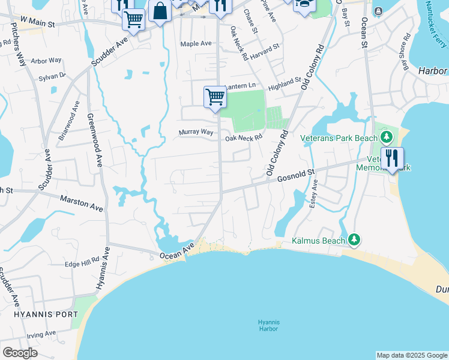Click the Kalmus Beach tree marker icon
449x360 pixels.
(x=354, y=241)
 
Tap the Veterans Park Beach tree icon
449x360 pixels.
(x=387, y=137)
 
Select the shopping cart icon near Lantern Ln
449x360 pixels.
(x=215, y=97)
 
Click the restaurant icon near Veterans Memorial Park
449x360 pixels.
(x=392, y=158)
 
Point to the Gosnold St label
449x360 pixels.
(x=295, y=175)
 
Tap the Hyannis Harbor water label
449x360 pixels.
(x=268, y=325)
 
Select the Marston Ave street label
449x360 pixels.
(x=81, y=202)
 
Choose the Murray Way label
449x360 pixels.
(x=196, y=132)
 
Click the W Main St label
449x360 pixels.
(x=37, y=20)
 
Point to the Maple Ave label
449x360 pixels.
(x=196, y=44)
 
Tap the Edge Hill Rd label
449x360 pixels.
(x=82, y=262)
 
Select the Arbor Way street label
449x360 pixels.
(x=46, y=61)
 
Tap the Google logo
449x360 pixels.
(x=20, y=353)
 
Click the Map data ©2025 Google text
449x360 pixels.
(x=411, y=355)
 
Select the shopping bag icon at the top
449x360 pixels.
(x=160, y=11)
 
